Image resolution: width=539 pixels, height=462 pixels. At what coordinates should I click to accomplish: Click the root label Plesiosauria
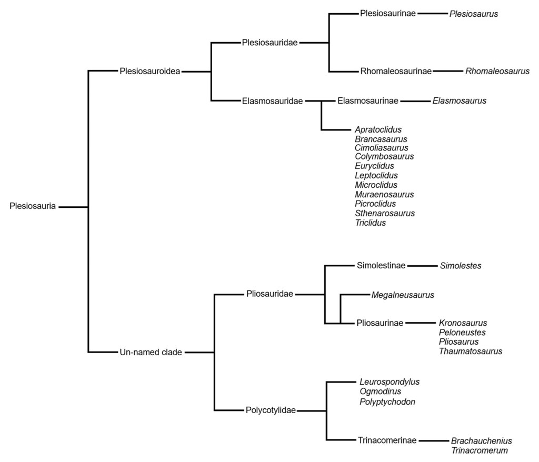(x=33, y=206)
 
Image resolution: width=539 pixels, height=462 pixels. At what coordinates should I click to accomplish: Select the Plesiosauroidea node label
(x=150, y=71)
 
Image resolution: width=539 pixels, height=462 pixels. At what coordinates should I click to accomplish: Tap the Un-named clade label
(x=151, y=353)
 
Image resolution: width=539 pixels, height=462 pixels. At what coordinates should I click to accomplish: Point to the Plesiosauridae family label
(x=270, y=43)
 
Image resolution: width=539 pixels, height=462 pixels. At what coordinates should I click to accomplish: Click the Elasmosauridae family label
(x=272, y=101)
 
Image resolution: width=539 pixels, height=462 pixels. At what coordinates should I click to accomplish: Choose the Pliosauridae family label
(x=269, y=294)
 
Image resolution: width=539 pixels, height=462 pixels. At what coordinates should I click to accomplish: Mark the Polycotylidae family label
(x=271, y=410)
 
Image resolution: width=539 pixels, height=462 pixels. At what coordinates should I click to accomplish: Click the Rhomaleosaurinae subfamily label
(x=396, y=71)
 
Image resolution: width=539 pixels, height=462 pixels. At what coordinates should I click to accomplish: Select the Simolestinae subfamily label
(x=381, y=266)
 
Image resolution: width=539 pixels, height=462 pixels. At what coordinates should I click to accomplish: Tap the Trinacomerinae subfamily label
(x=387, y=440)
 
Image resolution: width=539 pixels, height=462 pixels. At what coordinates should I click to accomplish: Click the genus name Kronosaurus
(x=463, y=323)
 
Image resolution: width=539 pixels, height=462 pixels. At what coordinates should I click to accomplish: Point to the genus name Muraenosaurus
(x=384, y=195)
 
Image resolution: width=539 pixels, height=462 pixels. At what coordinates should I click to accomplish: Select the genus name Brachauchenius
(x=481, y=441)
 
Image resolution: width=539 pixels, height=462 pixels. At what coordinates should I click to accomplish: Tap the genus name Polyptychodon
(x=387, y=401)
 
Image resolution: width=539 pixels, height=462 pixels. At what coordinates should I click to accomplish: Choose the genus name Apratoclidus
(x=378, y=129)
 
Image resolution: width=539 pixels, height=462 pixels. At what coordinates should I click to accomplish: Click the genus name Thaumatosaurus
(x=471, y=351)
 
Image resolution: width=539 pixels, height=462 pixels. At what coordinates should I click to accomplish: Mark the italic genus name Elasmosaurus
(x=459, y=101)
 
